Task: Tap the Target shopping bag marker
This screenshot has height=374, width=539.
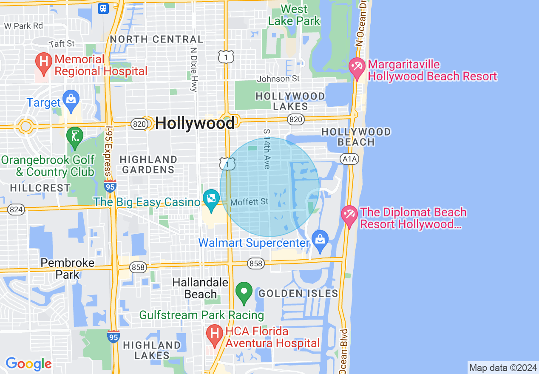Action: point(71,99)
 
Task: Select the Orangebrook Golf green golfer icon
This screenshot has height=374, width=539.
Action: point(75,137)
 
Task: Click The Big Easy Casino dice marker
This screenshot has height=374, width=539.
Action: point(211,198)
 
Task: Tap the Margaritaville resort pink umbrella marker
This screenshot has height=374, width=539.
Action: point(357,67)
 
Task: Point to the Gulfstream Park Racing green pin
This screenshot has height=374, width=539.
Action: point(244,292)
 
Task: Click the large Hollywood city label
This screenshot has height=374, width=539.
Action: point(195,123)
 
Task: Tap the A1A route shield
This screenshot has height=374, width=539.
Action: point(349,159)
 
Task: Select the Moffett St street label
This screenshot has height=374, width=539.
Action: point(250,202)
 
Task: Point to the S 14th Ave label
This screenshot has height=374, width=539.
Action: point(267,149)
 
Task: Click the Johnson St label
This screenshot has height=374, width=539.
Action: point(278,79)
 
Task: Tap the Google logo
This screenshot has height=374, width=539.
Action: point(28,364)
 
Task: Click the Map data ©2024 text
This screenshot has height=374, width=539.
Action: point(503,368)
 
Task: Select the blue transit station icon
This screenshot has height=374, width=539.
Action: point(103,8)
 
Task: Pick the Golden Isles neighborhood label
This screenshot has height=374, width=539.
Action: point(298,293)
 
